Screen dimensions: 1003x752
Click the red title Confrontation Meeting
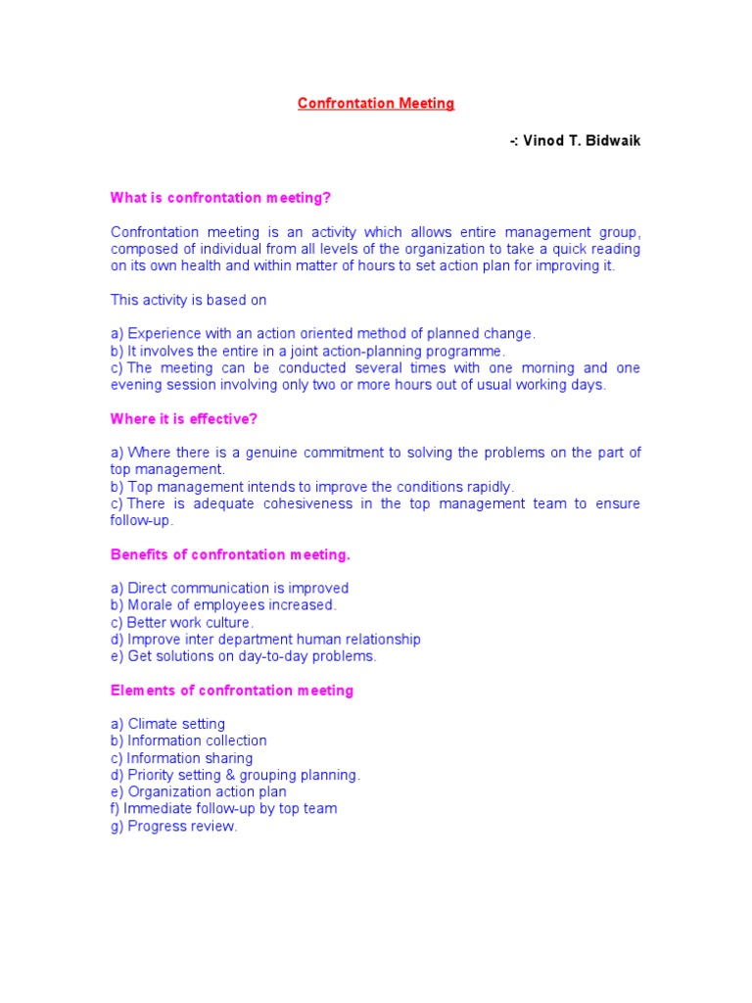[376, 104]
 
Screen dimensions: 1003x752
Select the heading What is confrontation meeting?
[221, 198]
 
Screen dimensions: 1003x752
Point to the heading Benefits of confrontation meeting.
[230, 554]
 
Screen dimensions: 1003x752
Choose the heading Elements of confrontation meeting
[232, 691]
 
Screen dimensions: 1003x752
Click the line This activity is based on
[188, 300]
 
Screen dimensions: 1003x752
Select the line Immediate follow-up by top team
[229, 808]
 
